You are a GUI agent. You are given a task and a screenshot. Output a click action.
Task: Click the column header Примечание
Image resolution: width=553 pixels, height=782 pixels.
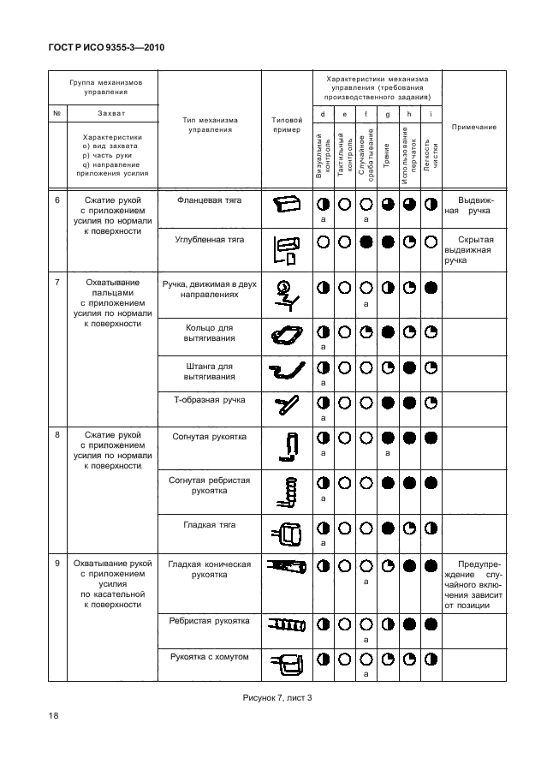pyautogui.click(x=474, y=127)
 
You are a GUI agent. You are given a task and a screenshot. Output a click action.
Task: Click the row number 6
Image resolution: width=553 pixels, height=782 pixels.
pyautogui.click(x=56, y=200)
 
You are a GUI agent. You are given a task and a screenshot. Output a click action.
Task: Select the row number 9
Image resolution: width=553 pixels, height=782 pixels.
pyautogui.click(x=56, y=564)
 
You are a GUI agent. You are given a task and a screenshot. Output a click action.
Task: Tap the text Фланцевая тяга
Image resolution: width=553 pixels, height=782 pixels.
pyautogui.click(x=209, y=200)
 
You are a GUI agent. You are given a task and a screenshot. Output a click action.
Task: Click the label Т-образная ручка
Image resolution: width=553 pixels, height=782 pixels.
pyautogui.click(x=209, y=400)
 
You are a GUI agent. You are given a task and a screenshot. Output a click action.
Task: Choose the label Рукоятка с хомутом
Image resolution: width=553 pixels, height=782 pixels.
pyautogui.click(x=209, y=657)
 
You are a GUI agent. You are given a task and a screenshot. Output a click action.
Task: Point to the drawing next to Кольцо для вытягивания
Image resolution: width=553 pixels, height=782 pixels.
pyautogui.click(x=287, y=337)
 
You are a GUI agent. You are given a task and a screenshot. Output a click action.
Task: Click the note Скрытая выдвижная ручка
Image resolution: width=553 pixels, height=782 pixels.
pyautogui.click(x=474, y=249)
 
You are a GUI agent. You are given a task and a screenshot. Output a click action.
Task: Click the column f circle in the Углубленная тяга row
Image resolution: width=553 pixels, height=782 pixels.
pyautogui.click(x=366, y=242)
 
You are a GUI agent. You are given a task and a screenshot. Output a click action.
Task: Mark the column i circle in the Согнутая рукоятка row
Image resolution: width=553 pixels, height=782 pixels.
pyautogui.click(x=431, y=439)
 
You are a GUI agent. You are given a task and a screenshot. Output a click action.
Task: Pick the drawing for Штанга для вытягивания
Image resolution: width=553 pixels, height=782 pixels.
pyautogui.click(x=287, y=371)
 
